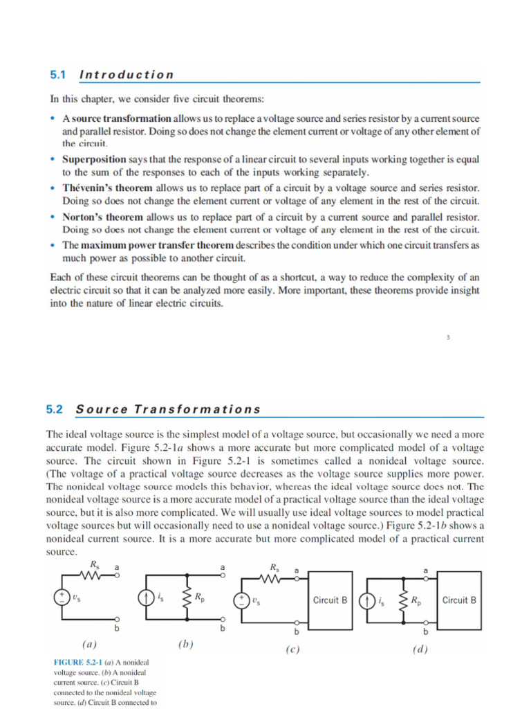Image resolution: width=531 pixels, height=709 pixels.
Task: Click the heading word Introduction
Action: [127, 75]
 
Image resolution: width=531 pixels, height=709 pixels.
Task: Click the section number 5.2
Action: [55, 409]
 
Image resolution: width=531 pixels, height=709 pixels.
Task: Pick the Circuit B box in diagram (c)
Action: [330, 600]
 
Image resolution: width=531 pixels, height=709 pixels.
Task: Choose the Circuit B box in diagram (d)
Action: [459, 600]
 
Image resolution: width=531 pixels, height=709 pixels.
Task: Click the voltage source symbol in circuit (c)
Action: [242, 600]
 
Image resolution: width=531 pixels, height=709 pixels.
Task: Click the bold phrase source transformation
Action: [122, 119]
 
